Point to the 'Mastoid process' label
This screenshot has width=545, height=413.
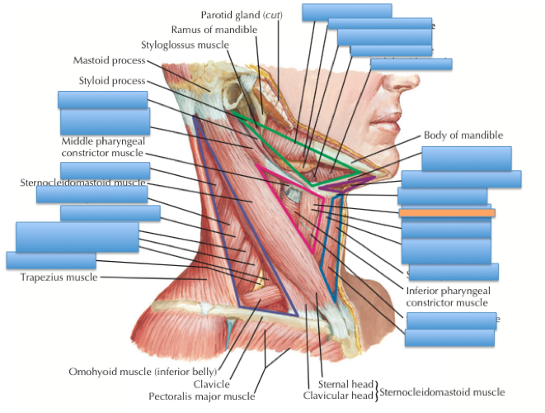click(x=109, y=60)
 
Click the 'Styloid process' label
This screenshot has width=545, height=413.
click(x=111, y=81)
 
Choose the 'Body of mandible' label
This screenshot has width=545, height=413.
click(x=463, y=135)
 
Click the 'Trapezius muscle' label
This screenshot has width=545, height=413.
click(x=59, y=278)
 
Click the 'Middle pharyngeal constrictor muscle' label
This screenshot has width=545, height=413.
click(x=102, y=146)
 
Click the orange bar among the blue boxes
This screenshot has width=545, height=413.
click(x=447, y=213)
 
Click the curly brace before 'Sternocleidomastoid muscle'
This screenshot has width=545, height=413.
click(x=377, y=390)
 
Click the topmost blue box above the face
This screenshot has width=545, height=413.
click(x=346, y=11)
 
